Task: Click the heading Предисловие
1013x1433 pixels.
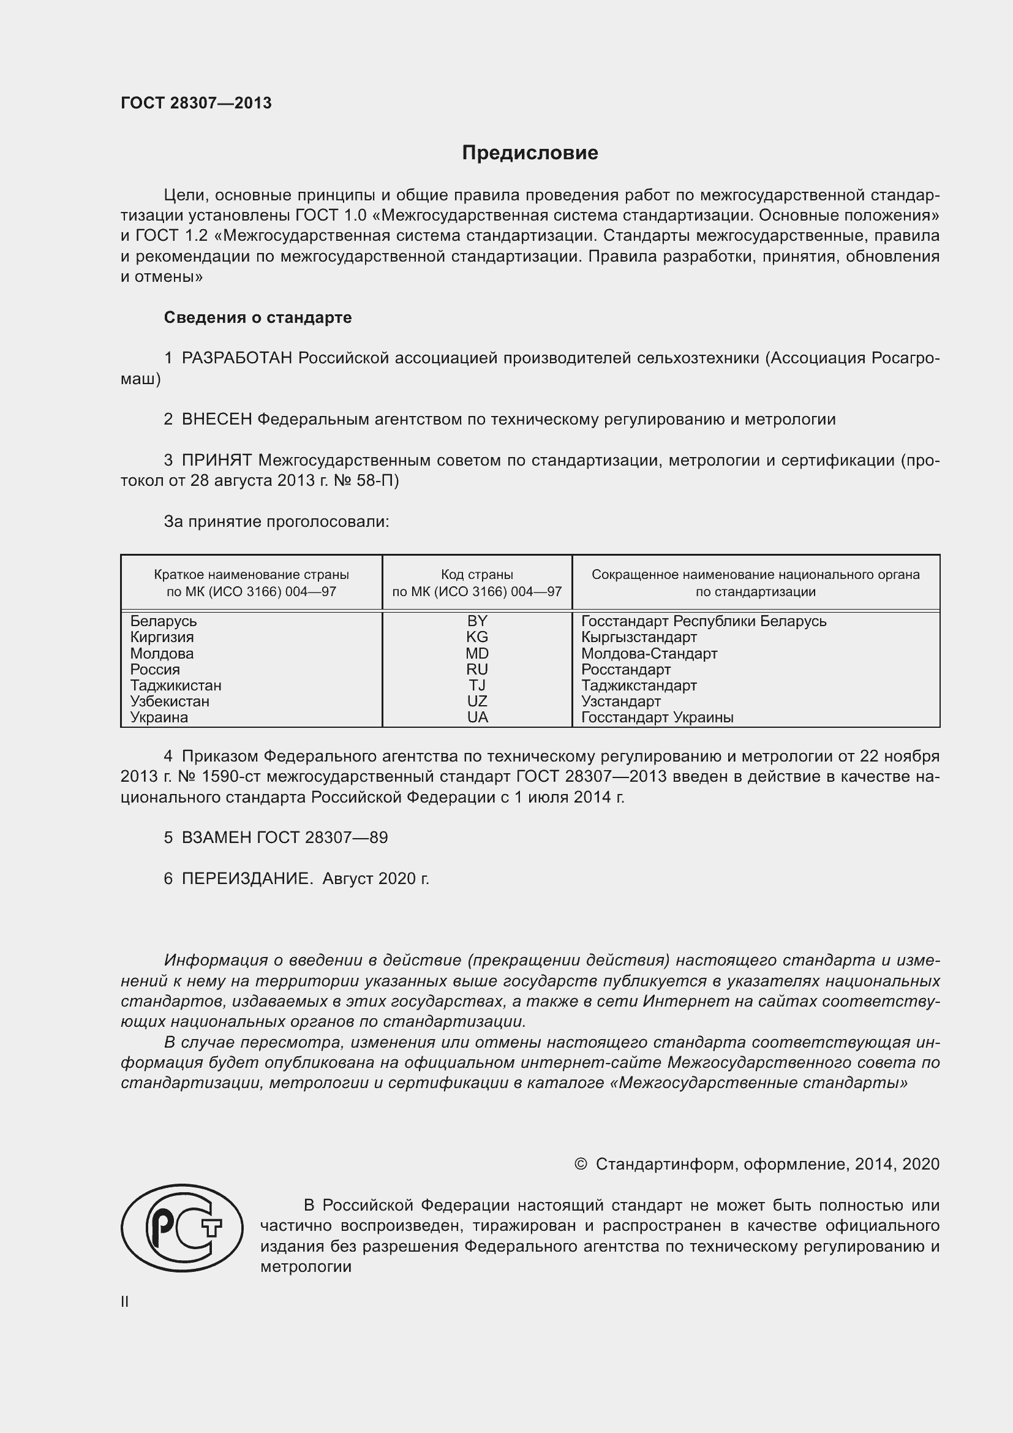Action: point(530,153)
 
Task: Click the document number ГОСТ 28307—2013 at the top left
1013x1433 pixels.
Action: point(196,103)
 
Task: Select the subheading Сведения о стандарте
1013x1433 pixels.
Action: point(258,318)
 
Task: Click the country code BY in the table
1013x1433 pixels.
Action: point(477,621)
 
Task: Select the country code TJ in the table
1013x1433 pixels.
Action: point(477,686)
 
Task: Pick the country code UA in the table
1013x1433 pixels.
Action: point(477,718)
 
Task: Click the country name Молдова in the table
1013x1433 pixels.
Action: point(162,654)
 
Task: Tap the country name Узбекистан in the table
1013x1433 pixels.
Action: point(170,701)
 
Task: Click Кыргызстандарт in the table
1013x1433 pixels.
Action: point(639,637)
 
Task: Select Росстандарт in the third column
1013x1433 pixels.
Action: point(626,670)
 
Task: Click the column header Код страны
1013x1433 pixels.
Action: point(477,575)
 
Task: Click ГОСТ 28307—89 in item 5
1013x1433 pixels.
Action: point(322,837)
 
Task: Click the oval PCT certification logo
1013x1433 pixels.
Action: point(182,1229)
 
